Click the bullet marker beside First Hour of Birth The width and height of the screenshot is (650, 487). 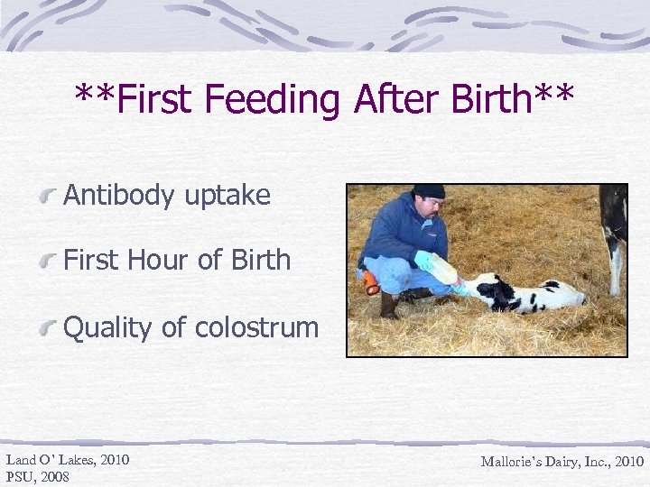pyautogui.click(x=51, y=261)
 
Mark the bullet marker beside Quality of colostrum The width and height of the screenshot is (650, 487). pyautogui.click(x=51, y=327)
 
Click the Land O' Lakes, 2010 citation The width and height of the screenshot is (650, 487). pyautogui.click(x=68, y=460)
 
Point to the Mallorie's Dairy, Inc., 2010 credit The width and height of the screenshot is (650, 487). pyautogui.click(x=562, y=462)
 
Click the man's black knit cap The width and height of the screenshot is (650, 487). pyautogui.click(x=429, y=191)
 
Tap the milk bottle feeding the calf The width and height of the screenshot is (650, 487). pyautogui.click(x=442, y=267)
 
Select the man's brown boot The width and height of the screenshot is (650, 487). pyautogui.click(x=390, y=307)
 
